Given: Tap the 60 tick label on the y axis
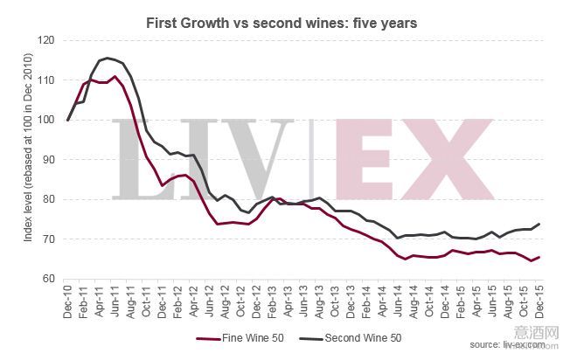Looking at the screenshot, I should (x=47, y=279).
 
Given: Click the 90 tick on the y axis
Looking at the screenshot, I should (x=47, y=160).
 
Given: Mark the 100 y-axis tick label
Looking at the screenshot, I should (x=44, y=120).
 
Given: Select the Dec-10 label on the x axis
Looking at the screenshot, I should (x=68, y=302).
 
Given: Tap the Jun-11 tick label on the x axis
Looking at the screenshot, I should (x=115, y=302).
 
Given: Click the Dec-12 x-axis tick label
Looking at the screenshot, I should (x=257, y=302).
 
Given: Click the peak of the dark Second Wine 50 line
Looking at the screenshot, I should (x=108, y=59).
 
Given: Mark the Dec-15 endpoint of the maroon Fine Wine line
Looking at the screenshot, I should (x=539, y=257).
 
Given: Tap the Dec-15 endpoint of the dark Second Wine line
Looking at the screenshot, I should (x=539, y=224).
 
